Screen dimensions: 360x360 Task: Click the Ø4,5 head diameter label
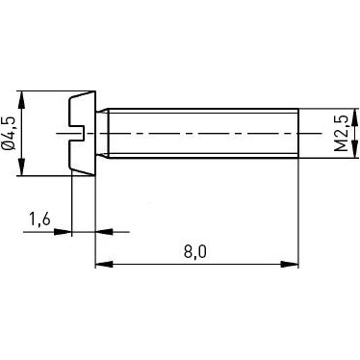pyautogui.click(x=9, y=133)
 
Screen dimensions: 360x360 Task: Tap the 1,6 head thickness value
pyautogui.click(x=39, y=219)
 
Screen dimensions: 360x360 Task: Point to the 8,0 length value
pyautogui.click(x=195, y=252)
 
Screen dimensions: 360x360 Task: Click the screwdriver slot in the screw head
pyautogui.click(x=77, y=133)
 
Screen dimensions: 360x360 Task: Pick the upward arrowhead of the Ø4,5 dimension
pyautogui.click(x=21, y=99)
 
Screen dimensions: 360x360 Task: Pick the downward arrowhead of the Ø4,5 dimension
pyautogui.click(x=21, y=167)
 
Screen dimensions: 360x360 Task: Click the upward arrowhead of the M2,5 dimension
pyautogui.click(x=355, y=116)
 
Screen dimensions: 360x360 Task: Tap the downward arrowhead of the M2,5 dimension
pyautogui.click(x=355, y=149)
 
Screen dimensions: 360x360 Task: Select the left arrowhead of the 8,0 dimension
pyautogui.click(x=104, y=265)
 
